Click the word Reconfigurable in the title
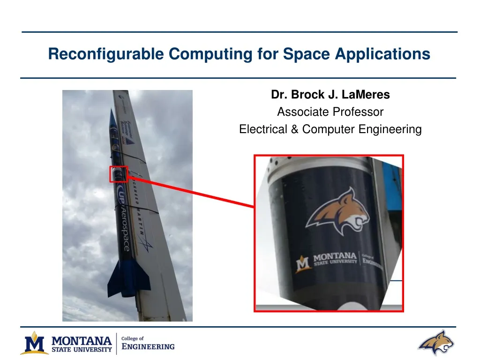(x=106, y=54)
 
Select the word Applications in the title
(x=382, y=54)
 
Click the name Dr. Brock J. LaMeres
(x=330, y=95)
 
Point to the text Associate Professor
(x=330, y=112)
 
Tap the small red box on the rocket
(x=119, y=174)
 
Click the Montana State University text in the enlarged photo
(x=334, y=260)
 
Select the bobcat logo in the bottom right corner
(x=435, y=343)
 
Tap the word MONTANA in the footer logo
(x=82, y=340)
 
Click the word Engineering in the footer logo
(x=148, y=347)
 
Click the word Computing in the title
(x=210, y=54)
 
